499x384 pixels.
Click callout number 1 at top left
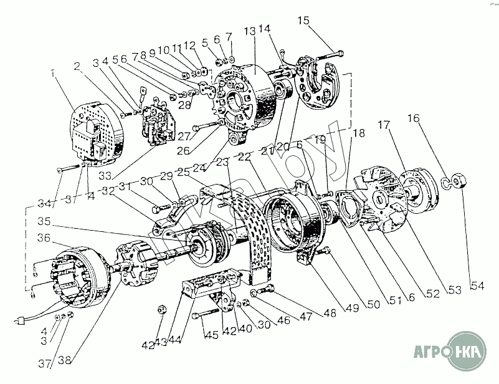pyautogui.click(x=55, y=74)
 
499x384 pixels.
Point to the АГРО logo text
pyautogui.click(x=431, y=353)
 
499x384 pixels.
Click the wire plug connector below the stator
pyautogui.click(x=21, y=323)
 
